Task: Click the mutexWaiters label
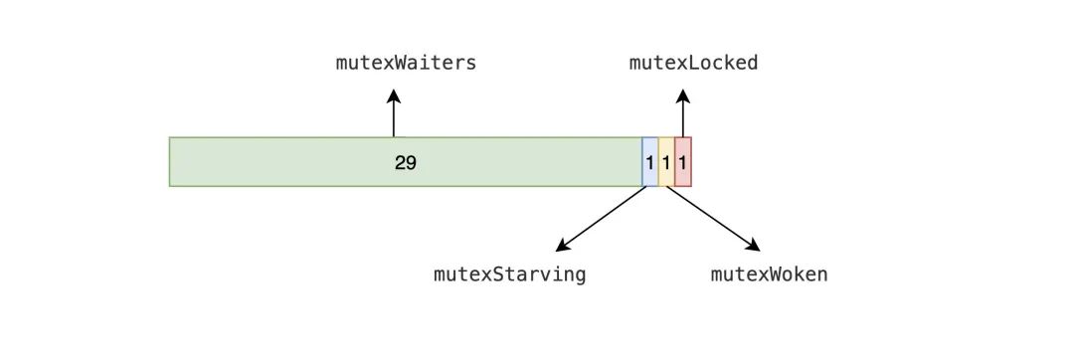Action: pos(406,64)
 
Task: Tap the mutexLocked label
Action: pos(693,64)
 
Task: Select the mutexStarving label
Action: pos(509,274)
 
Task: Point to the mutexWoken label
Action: pos(769,274)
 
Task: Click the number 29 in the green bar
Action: pos(405,162)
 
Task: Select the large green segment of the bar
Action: pos(298,162)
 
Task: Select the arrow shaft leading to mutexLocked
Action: pos(683,119)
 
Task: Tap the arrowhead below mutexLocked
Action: pos(683,95)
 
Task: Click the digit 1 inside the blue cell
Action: pos(650,162)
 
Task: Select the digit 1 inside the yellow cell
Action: pos(666,162)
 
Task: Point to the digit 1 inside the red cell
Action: pos(683,162)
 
